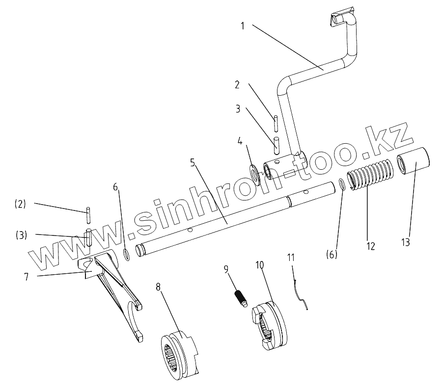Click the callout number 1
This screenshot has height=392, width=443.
coord(242,26)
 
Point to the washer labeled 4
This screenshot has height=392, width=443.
coord(254,172)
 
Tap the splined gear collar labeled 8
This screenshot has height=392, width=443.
coord(179,353)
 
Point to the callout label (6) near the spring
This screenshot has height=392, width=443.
coord(332,255)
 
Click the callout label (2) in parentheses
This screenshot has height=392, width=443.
coord(20,204)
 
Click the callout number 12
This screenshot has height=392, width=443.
coord(370,246)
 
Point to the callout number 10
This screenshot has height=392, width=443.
coord(259,265)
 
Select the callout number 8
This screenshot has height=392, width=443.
coord(159,287)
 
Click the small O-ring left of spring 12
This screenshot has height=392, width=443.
coord(342,184)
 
